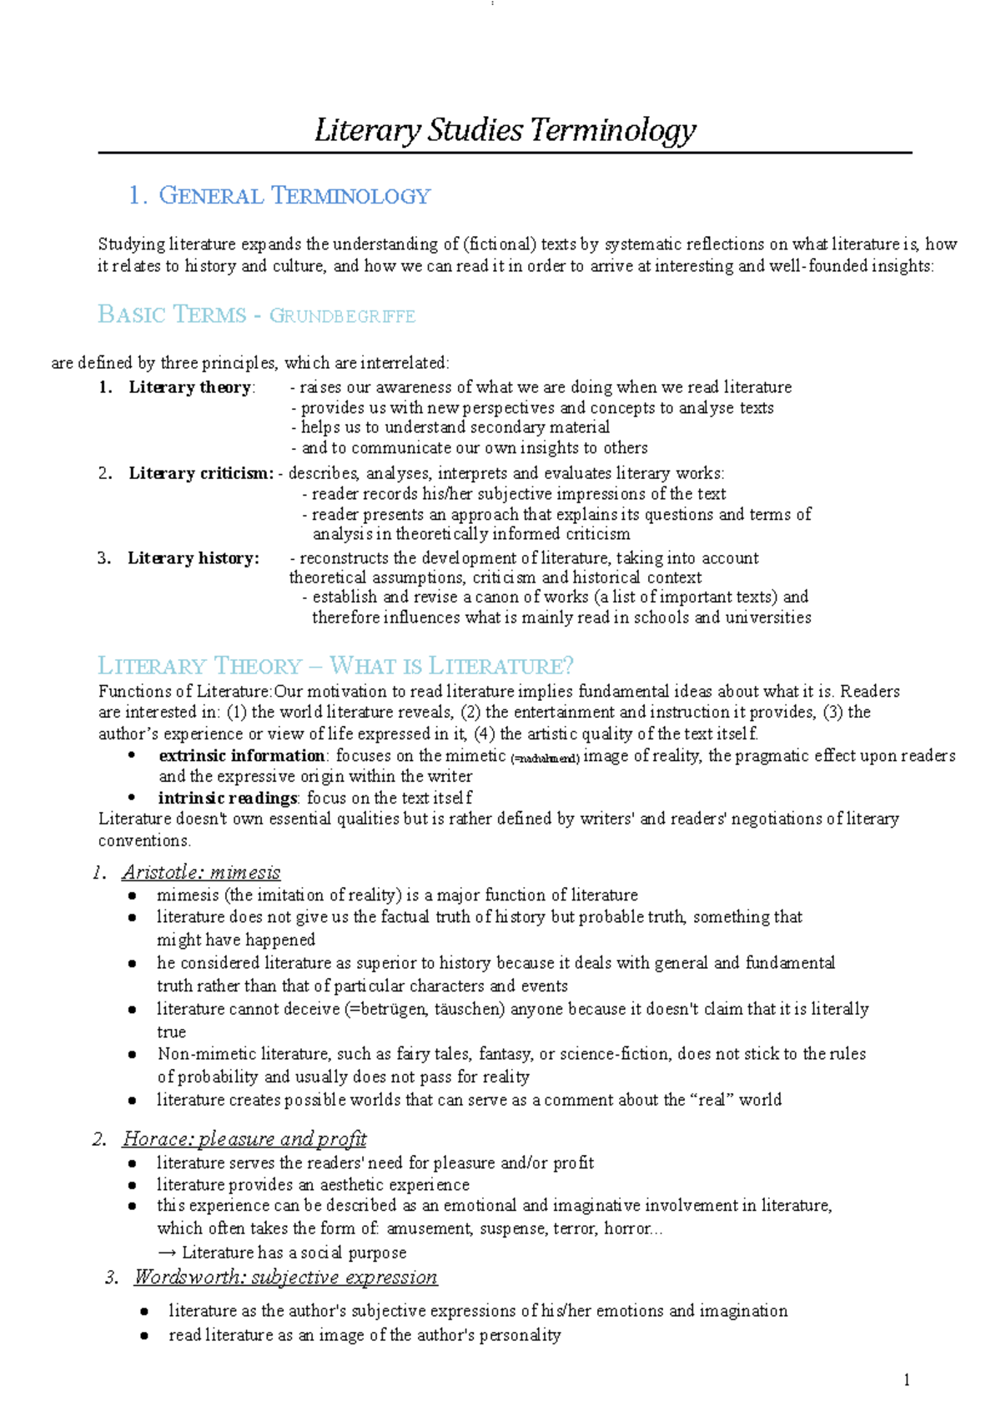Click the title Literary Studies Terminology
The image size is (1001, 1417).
[505, 131]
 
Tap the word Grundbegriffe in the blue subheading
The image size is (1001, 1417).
[342, 316]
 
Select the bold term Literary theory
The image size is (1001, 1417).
[189, 387]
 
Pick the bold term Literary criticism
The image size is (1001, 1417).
[199, 473]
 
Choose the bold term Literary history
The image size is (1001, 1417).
[193, 558]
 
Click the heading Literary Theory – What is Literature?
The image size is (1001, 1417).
[335, 666]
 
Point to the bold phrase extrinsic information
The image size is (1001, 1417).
[241, 756]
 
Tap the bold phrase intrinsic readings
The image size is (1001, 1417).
[227, 798]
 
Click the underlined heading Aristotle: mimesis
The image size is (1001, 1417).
[201, 873]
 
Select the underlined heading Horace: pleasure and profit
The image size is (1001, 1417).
[244, 1139]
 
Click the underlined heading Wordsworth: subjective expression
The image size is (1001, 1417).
[285, 1278]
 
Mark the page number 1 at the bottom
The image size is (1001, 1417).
[907, 1380]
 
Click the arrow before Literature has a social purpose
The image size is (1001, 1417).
[167, 1253]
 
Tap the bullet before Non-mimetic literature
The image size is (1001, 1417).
[132, 1055]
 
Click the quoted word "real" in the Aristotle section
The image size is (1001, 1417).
[712, 1100]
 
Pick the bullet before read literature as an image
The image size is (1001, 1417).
[145, 1336]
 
